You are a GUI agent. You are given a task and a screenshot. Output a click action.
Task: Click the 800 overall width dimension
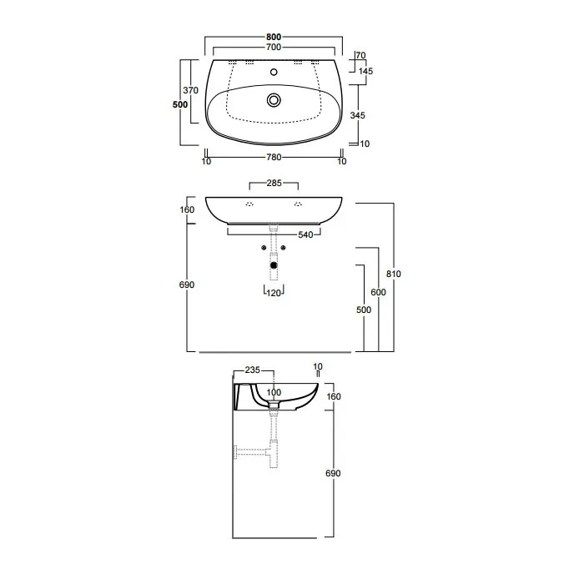(x=274, y=37)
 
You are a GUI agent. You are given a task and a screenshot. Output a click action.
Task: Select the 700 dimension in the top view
(x=274, y=48)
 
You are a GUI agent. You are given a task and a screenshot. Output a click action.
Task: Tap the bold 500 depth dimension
(x=180, y=104)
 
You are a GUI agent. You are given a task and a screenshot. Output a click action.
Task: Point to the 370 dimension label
(x=191, y=90)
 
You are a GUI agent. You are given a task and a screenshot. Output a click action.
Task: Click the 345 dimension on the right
(x=358, y=115)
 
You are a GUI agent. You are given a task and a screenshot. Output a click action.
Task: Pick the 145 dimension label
(x=365, y=71)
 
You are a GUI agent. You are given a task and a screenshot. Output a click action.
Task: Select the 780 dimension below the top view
(x=274, y=157)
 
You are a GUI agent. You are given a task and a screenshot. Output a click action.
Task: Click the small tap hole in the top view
(x=274, y=72)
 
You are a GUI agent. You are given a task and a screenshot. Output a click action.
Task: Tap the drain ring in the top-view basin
(x=274, y=100)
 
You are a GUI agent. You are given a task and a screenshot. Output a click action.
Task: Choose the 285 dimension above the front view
(x=274, y=183)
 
